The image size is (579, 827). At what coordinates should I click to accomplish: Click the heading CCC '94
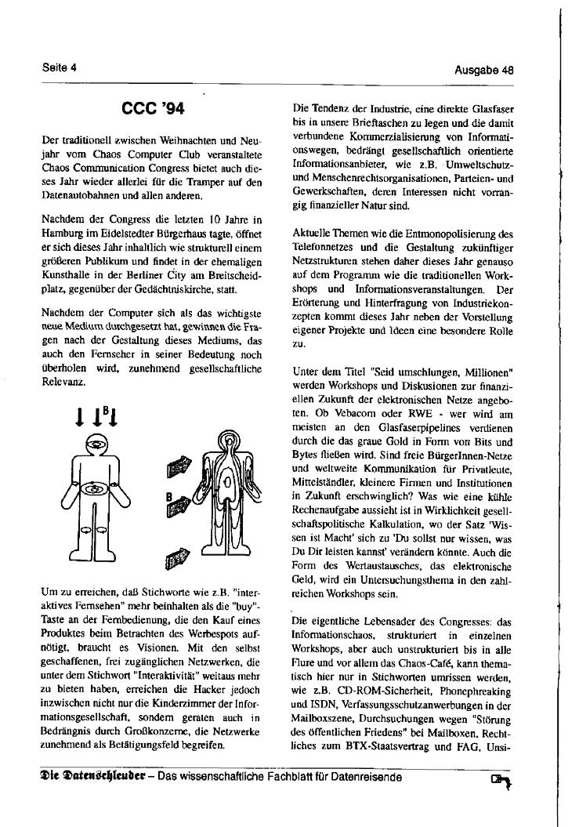(x=152, y=107)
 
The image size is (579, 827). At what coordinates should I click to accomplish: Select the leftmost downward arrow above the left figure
(x=81, y=417)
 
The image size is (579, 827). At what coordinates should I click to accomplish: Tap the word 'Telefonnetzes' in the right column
(x=324, y=245)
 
